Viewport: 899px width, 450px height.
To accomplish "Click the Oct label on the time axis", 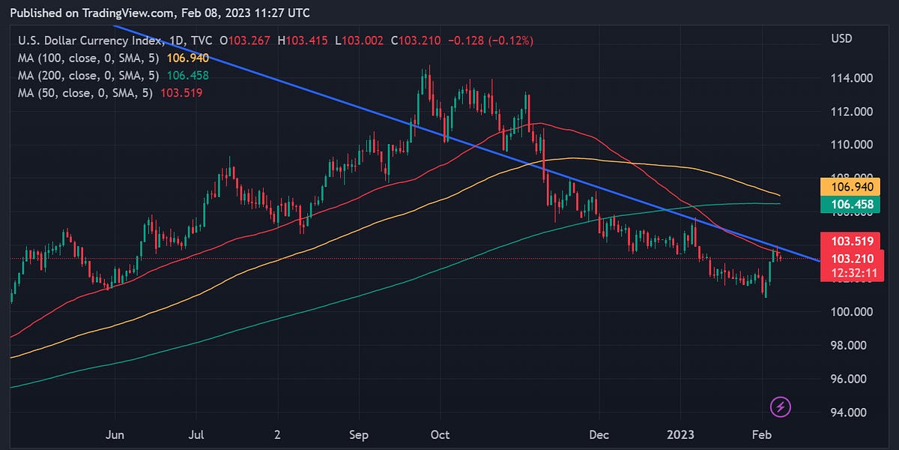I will point(440,434).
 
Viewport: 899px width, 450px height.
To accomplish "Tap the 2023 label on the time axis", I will point(682,434).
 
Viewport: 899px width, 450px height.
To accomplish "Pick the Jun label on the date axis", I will point(115,434).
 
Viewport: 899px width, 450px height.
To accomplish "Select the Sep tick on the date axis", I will point(359,434).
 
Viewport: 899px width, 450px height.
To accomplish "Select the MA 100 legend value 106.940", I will point(189,58).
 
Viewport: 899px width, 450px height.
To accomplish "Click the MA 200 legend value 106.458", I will point(189,75).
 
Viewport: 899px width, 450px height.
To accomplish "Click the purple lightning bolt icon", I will point(781,407).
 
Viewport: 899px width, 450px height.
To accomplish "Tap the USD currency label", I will point(843,38).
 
